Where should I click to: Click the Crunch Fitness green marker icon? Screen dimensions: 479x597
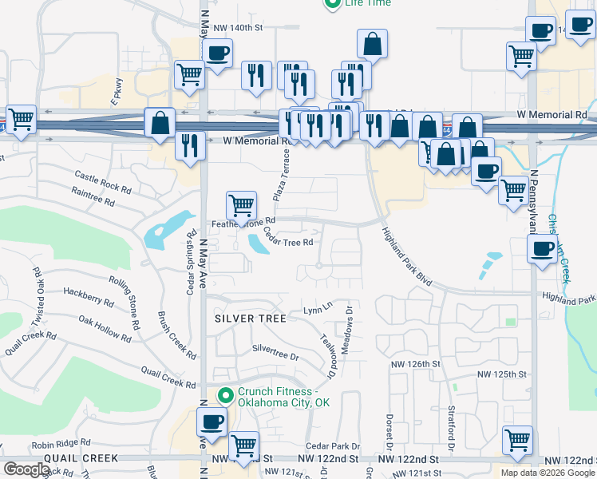pos(226,394)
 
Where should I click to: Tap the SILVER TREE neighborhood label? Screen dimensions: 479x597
pos(251,319)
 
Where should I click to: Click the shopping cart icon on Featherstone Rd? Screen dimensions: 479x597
pos(241,206)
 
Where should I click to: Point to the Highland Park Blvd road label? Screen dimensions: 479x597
pos(406,256)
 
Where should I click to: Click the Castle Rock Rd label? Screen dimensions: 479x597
pos(102,180)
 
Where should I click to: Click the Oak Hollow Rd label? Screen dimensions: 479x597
pos(104,326)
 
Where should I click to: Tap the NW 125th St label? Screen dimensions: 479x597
pos(503,374)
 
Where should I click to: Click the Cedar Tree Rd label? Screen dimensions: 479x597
pos(287,237)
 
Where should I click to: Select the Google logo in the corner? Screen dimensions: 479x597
pos(26,469)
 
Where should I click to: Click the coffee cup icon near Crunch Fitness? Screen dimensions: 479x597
pos(212,421)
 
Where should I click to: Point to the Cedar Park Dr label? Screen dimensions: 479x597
pos(333,446)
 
